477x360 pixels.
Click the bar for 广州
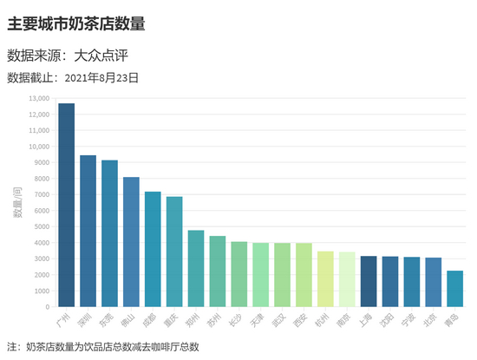[67, 205]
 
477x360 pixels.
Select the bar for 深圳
[88, 231]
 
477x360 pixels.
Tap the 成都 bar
[153, 249]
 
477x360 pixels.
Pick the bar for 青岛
[454, 289]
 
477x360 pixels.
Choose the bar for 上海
[369, 281]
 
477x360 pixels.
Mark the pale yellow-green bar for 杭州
[325, 278]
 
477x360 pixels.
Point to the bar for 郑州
[196, 268]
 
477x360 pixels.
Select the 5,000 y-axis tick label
[41, 226]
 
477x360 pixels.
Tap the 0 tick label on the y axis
[48, 306]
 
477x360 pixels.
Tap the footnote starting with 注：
[103, 346]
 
